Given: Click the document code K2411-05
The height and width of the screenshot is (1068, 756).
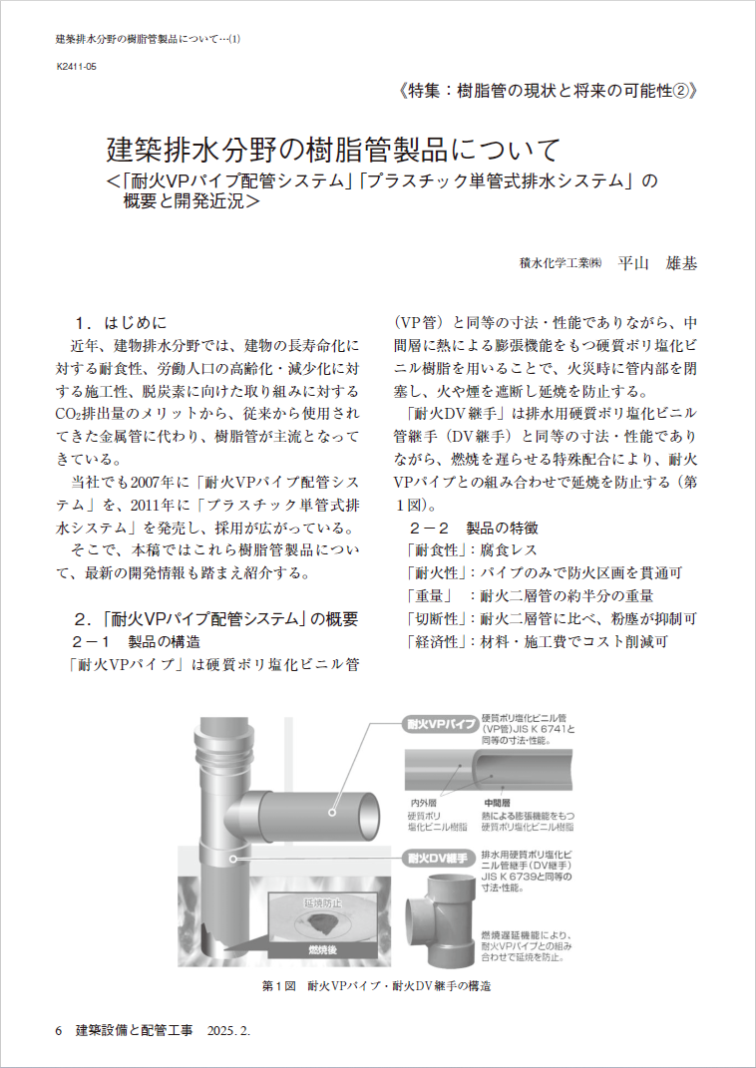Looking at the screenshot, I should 76,67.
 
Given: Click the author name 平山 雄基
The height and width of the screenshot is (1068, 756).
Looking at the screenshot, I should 657,263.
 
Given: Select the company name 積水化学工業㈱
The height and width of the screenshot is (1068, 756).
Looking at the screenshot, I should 562,264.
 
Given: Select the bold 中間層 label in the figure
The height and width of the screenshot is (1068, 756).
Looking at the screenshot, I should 498,802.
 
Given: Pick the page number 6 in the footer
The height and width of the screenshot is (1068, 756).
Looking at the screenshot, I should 59,1029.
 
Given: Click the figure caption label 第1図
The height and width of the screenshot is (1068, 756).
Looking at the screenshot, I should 279,986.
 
